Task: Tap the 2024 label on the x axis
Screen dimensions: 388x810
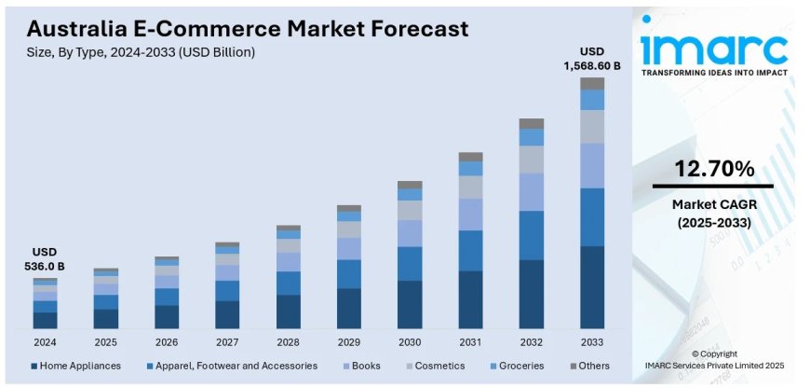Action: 45,341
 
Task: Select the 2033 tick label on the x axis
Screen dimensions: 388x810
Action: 592,341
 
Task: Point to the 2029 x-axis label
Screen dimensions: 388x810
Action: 349,341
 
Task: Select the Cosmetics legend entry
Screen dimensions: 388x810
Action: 434,366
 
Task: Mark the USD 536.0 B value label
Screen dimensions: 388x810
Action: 46,259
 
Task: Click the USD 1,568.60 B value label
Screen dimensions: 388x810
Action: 591,58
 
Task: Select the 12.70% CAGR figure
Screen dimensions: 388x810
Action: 714,169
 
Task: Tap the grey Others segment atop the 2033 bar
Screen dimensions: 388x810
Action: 592,83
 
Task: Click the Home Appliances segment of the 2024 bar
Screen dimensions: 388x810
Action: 46,320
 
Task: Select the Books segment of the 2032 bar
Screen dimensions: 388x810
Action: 532,192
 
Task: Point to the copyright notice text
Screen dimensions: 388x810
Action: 714,360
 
